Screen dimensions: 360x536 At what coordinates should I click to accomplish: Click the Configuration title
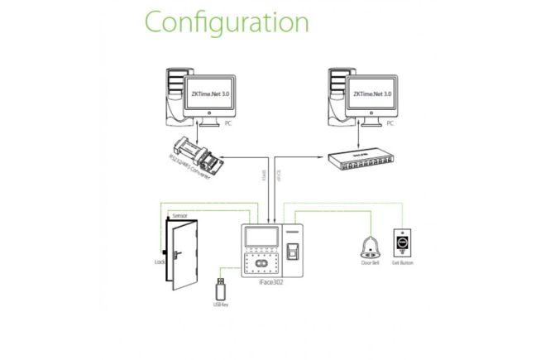click(226, 22)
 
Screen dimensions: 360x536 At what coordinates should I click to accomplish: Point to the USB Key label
click(220, 305)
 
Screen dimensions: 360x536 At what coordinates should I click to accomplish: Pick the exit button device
click(403, 242)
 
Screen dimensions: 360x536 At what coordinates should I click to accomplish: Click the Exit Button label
click(403, 263)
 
